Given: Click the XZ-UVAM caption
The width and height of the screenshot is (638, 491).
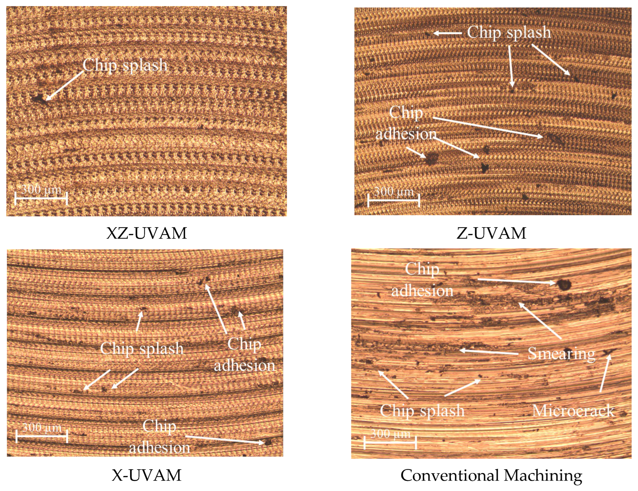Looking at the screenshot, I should [x=147, y=233].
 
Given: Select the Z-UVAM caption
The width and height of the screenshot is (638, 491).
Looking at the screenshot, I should [x=491, y=233].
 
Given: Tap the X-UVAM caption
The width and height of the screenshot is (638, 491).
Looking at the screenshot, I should [x=147, y=475].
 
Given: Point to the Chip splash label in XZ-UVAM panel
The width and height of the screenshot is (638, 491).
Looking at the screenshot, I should [x=125, y=65].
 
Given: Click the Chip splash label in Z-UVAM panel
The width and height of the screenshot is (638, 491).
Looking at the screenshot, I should [x=509, y=32].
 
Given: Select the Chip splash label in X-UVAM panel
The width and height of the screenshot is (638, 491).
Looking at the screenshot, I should [x=142, y=348].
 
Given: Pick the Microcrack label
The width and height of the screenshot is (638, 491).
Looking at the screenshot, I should [x=573, y=411].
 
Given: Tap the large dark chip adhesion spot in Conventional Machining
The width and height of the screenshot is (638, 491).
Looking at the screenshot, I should [x=564, y=284].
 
